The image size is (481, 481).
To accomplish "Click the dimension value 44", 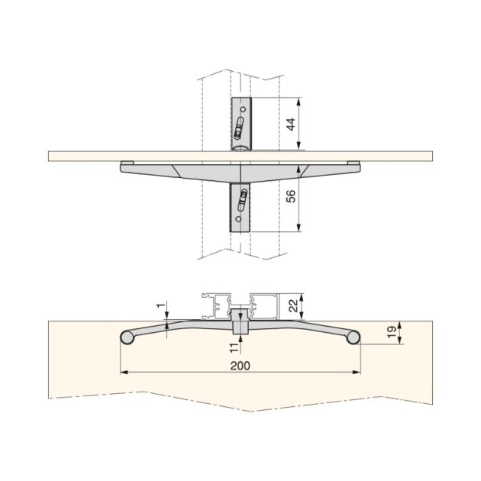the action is (291, 124).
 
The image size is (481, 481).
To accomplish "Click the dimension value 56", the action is (291, 196).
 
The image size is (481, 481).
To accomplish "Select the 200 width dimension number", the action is (240, 366).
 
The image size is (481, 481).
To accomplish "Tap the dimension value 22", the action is (294, 306).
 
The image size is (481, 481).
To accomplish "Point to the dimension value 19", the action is (392, 332).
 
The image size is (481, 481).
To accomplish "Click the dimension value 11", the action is (234, 348).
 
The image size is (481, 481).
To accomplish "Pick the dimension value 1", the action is (160, 306).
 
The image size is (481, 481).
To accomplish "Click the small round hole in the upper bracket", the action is (243, 109).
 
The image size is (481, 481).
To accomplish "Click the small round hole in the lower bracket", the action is (238, 219).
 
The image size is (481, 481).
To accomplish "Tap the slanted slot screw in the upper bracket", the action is (239, 128).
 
